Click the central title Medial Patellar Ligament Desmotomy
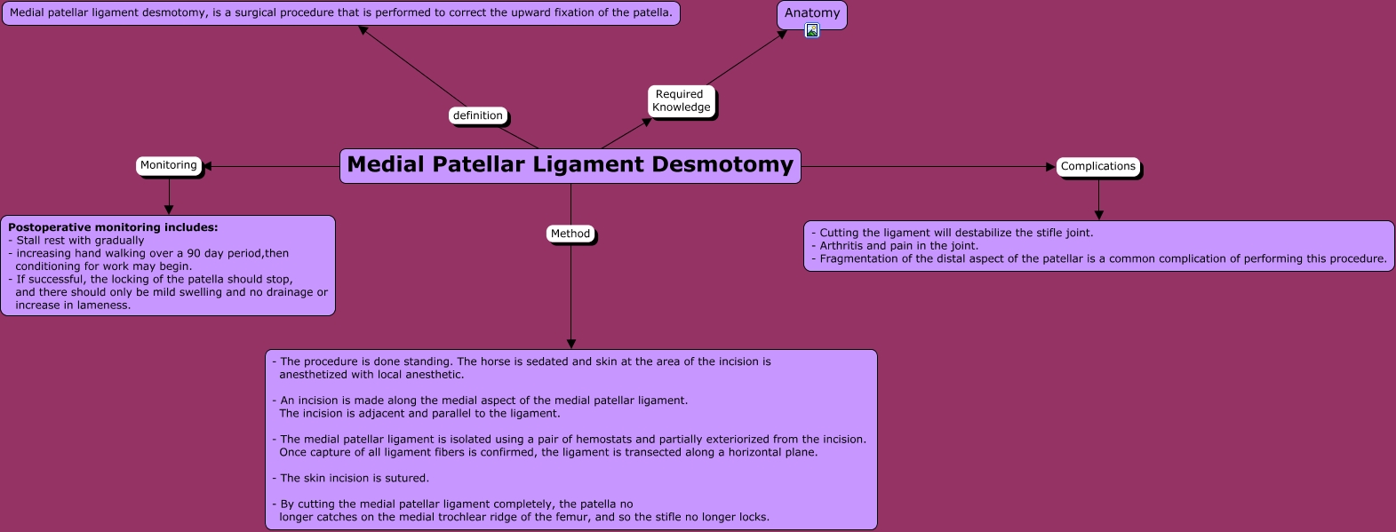point(570,165)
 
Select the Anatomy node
point(812,12)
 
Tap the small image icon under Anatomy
point(812,30)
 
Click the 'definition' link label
point(477,115)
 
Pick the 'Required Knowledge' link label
point(681,101)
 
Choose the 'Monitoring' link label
point(168,165)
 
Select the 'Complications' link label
point(1097,166)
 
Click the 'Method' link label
point(570,234)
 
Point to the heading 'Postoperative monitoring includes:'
point(113,227)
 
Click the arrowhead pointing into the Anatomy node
point(782,35)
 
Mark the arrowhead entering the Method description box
point(571,344)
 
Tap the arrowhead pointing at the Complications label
point(1050,166)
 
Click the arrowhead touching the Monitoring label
point(207,166)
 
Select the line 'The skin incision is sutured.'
point(354,478)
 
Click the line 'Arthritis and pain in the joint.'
point(897,246)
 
